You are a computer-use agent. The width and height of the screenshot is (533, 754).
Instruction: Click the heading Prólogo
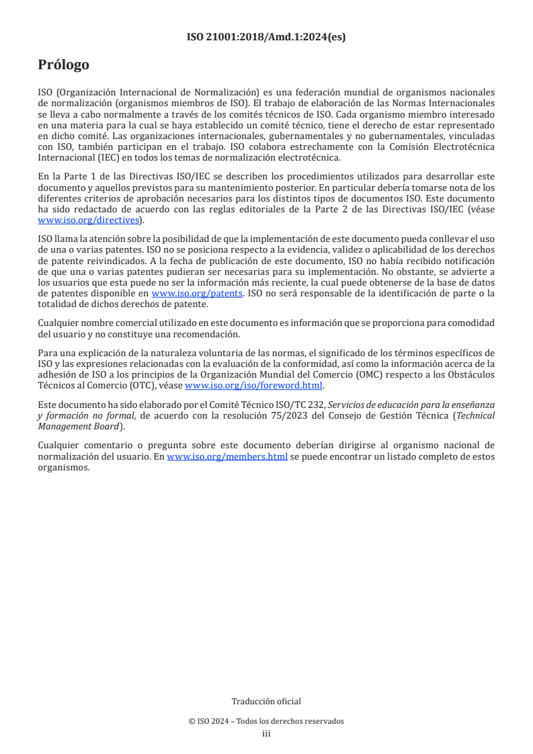click(64, 65)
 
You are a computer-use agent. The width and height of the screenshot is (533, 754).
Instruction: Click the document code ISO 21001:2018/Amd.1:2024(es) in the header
click(266, 38)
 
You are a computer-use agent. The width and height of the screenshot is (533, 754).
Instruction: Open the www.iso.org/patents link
click(197, 293)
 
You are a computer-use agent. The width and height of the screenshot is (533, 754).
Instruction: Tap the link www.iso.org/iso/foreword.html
click(253, 385)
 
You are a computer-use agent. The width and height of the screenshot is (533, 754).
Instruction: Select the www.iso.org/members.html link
click(227, 456)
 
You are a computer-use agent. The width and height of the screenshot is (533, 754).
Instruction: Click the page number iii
click(266, 734)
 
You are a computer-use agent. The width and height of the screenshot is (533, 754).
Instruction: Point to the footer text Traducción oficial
click(266, 701)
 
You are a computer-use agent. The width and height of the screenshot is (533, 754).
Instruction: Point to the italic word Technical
click(475, 416)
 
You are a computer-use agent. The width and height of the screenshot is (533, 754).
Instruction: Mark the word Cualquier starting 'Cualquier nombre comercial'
click(60, 323)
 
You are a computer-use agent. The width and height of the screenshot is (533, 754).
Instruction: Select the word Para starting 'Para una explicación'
click(47, 353)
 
